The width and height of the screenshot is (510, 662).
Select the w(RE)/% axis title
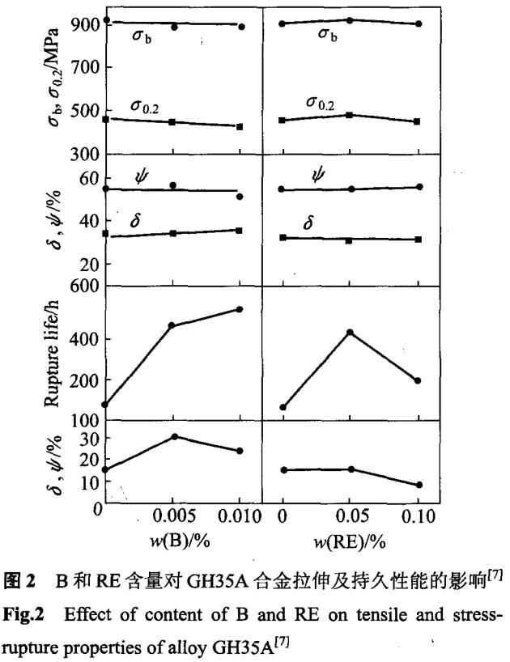point(349,541)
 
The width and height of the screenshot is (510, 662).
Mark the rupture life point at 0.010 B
point(240,309)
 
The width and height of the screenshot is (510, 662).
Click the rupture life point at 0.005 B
point(172,325)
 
